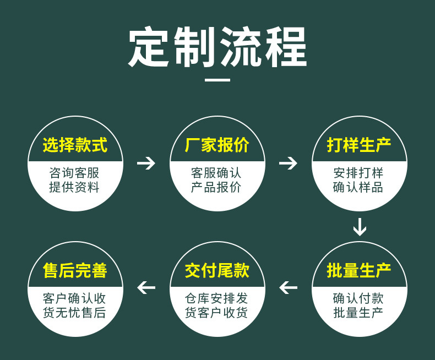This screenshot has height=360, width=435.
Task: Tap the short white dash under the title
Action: (x=218, y=80)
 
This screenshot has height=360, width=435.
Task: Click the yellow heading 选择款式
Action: (x=75, y=145)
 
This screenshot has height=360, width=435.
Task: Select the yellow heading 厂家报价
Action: (x=217, y=145)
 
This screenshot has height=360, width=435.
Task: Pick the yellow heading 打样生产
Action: (x=359, y=145)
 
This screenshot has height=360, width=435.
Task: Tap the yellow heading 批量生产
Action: (x=359, y=271)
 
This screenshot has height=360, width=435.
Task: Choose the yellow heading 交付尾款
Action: (x=217, y=271)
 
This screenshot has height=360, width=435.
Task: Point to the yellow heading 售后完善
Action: (x=75, y=271)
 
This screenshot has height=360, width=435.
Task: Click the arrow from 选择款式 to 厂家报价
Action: (x=146, y=163)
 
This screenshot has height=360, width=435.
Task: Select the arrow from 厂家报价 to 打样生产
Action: (x=288, y=163)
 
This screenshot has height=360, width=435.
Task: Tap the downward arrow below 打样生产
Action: (x=360, y=226)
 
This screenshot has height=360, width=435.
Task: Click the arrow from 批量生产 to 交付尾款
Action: (x=288, y=287)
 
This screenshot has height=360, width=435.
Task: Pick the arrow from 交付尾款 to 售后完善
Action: (x=146, y=287)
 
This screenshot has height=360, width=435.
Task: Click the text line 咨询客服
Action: (x=75, y=173)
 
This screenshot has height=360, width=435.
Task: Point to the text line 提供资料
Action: (x=75, y=187)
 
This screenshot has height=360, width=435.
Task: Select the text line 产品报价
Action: (x=217, y=187)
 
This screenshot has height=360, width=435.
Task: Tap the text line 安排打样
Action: (x=359, y=173)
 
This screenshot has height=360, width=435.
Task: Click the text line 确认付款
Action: (x=359, y=299)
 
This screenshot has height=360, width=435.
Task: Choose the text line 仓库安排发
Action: (x=217, y=299)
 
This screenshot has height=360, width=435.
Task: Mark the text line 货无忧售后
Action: (x=75, y=313)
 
